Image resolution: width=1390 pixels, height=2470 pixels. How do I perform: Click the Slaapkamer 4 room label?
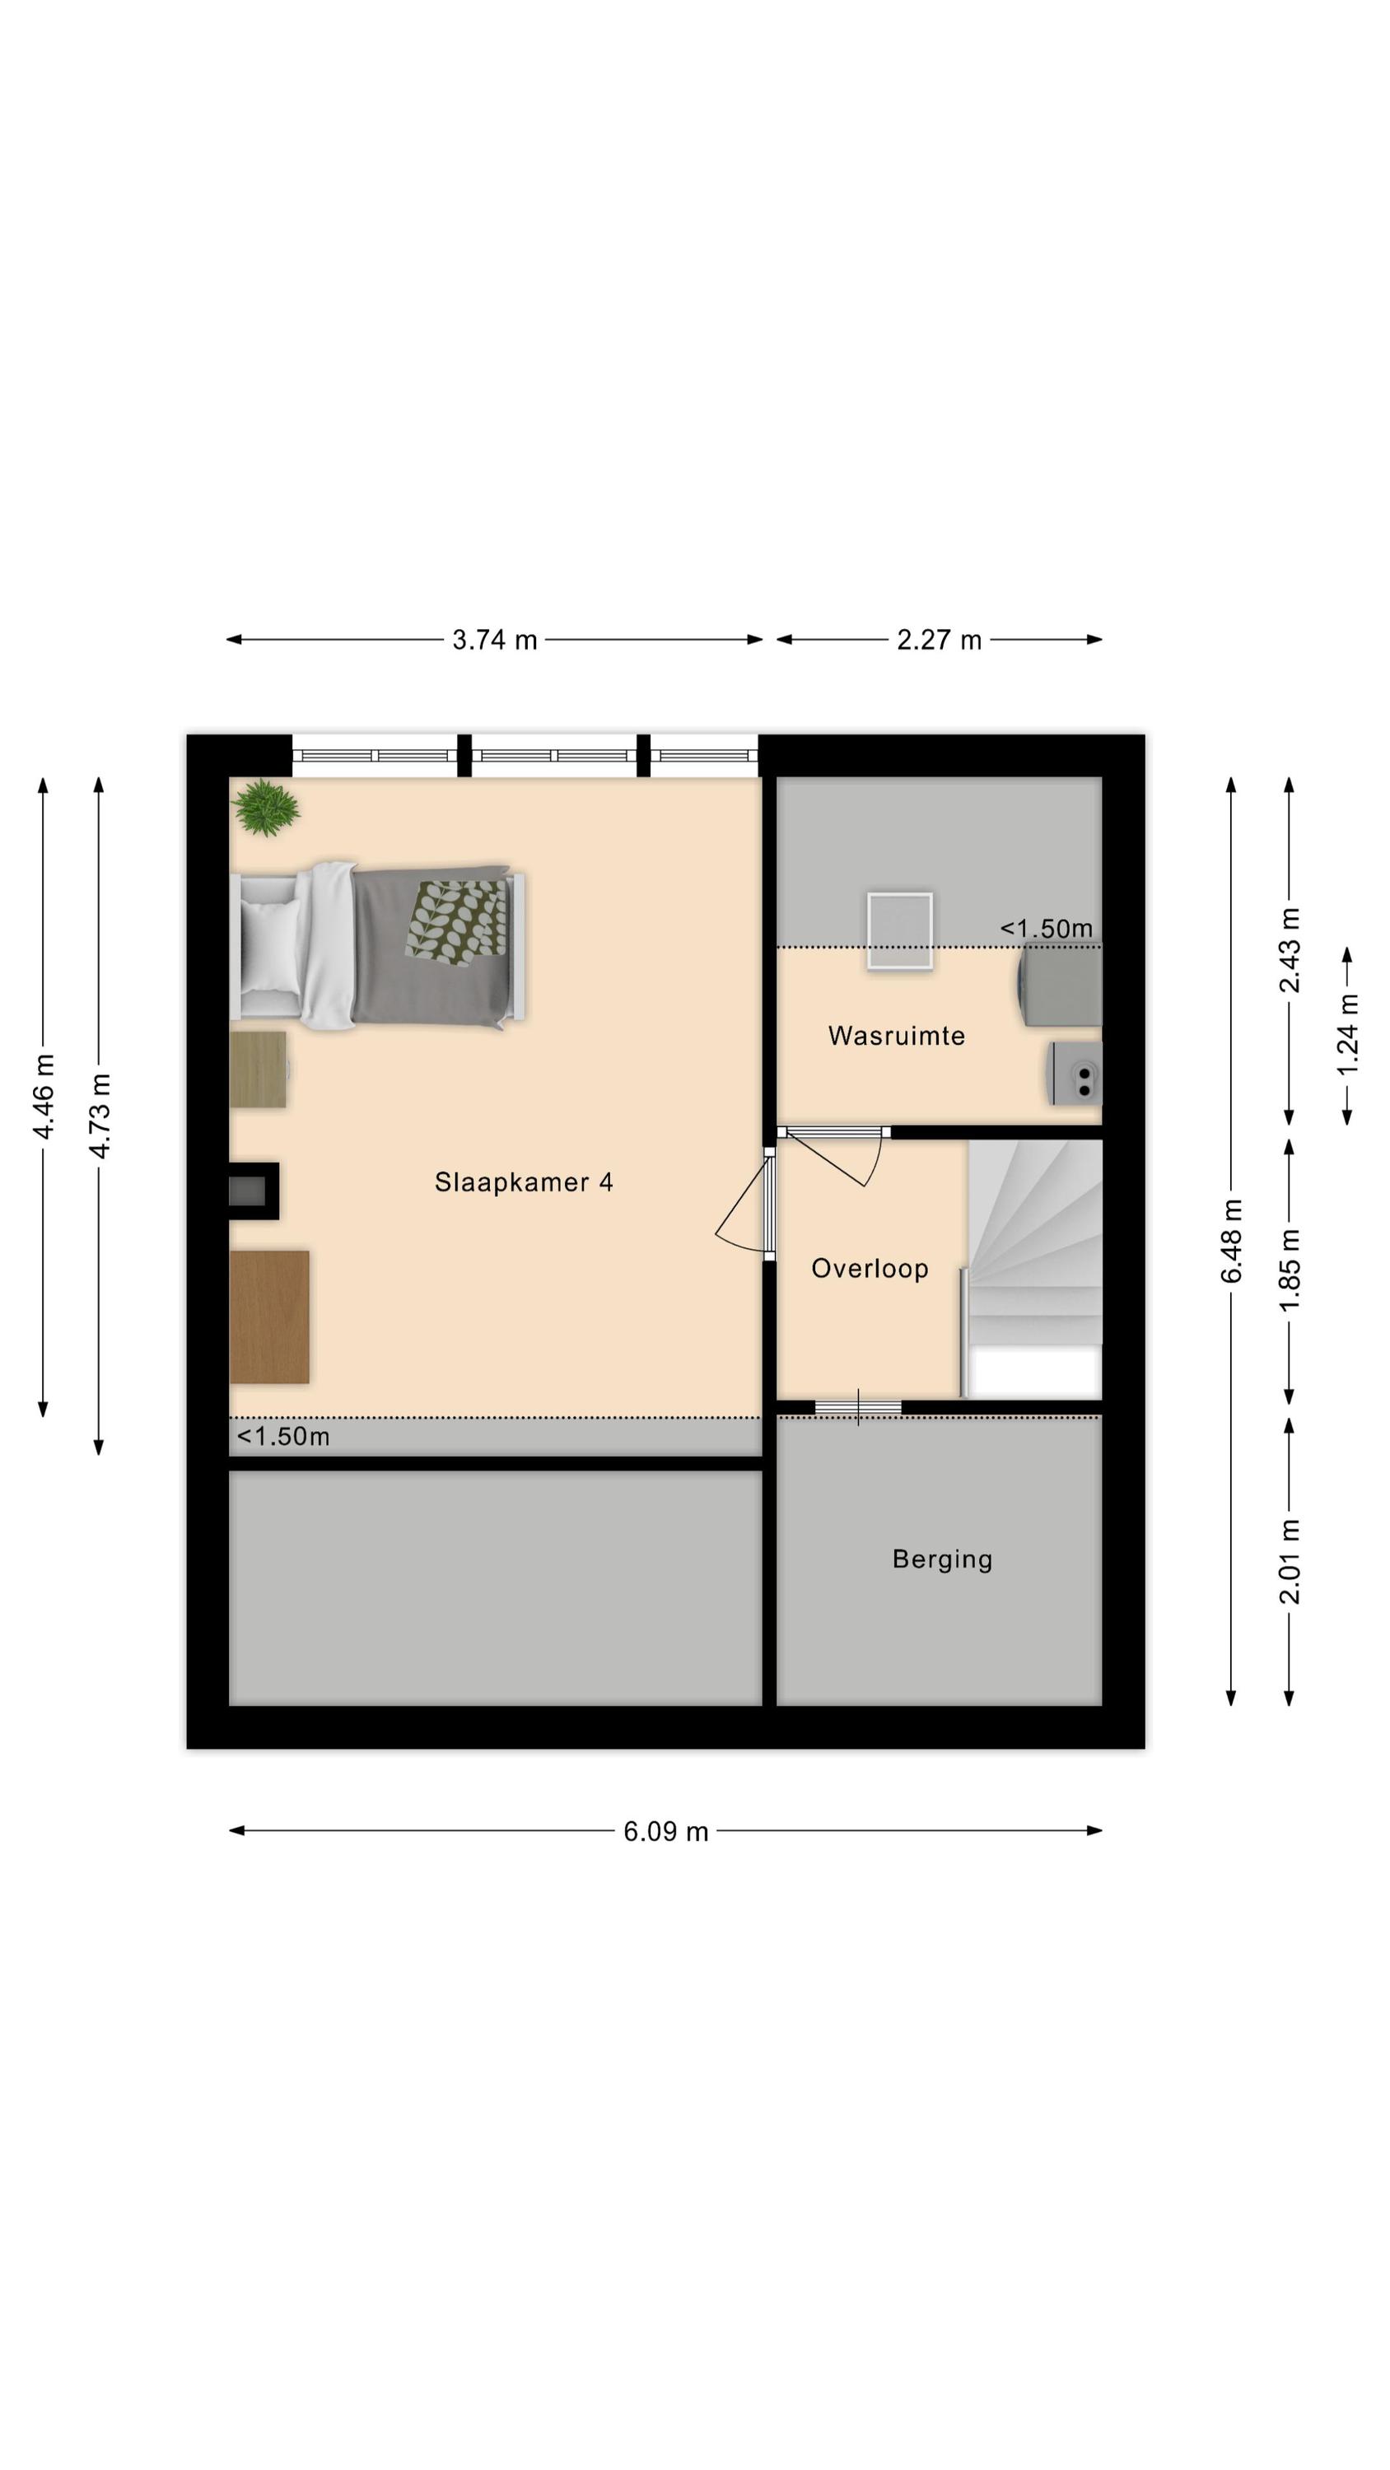tap(523, 1181)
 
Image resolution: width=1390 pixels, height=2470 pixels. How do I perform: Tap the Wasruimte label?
tap(896, 1036)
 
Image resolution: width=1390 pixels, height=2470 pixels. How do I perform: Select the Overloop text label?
tap(869, 1269)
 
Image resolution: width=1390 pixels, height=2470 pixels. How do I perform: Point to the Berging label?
tap(942, 1559)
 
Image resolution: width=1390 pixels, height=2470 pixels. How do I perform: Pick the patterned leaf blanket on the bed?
tap(455, 920)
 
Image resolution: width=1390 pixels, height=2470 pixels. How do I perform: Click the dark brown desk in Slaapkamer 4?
tap(269, 1317)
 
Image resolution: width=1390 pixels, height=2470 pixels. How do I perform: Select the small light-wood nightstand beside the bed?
tap(258, 1070)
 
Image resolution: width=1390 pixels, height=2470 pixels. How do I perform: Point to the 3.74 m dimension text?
tap(494, 640)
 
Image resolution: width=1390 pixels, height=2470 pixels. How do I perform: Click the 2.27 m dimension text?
tap(939, 640)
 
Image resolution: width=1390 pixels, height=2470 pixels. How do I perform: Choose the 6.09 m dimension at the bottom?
tap(665, 1831)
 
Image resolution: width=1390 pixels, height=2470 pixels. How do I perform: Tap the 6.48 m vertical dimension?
tap(1232, 1241)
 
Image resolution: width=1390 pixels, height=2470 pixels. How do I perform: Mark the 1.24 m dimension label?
tap(1348, 1036)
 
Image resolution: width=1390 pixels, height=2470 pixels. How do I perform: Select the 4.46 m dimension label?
tap(43, 1096)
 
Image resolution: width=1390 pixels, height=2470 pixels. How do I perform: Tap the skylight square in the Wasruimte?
tap(900, 930)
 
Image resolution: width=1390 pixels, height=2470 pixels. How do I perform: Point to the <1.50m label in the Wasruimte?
tap(1047, 928)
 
